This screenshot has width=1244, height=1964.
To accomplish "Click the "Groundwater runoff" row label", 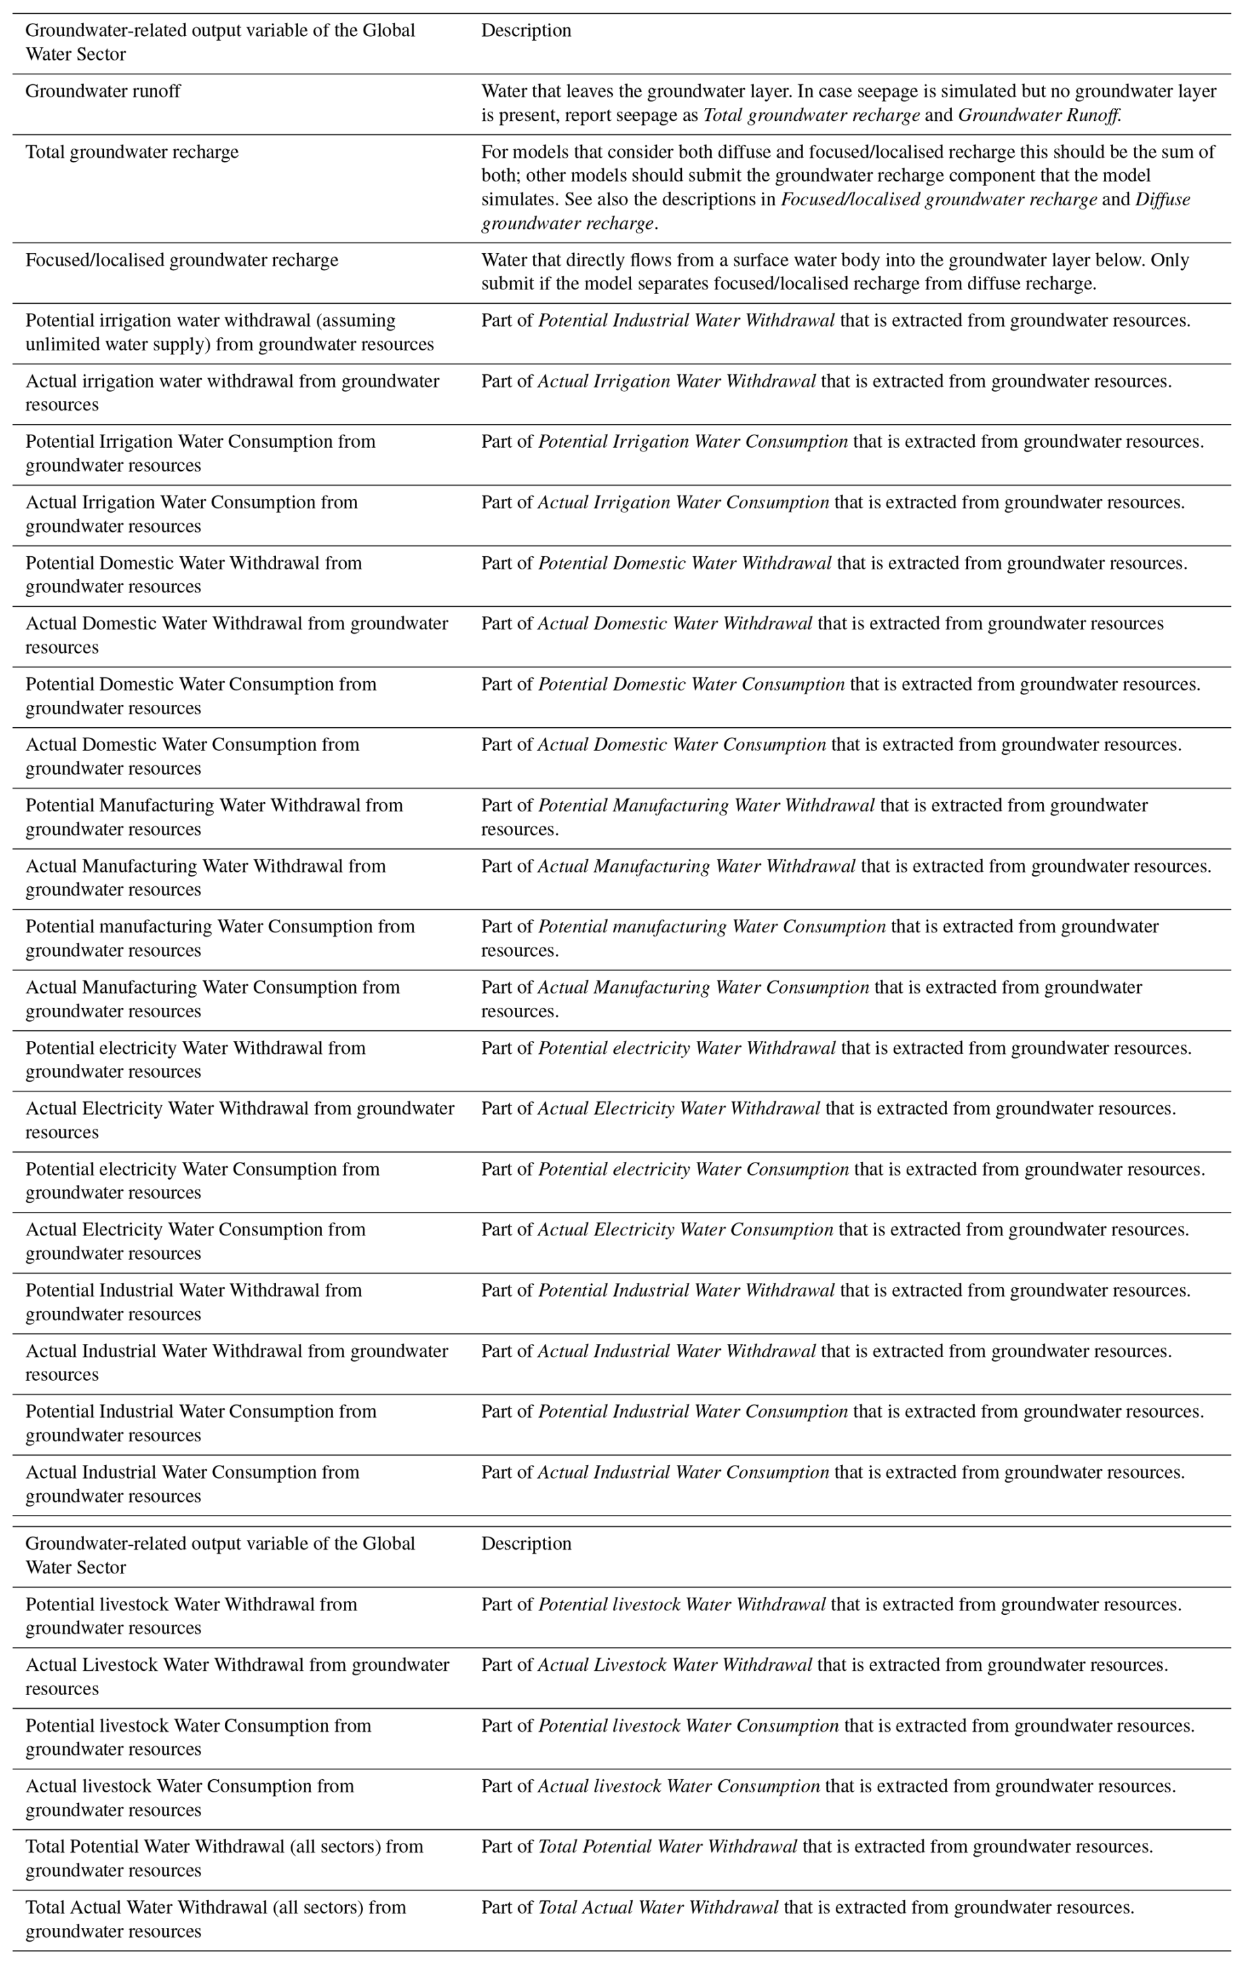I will [x=103, y=91].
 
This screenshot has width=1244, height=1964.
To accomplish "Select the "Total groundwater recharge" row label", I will [x=132, y=153].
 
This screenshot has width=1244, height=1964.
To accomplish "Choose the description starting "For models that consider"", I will [x=848, y=187].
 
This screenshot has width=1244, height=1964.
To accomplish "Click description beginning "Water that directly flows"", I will [x=834, y=272].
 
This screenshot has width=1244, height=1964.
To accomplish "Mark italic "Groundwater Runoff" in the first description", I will [x=1038, y=115].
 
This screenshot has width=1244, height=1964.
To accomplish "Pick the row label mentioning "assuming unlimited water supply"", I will [x=229, y=332].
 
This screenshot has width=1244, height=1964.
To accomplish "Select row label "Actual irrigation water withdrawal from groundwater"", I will [x=233, y=393].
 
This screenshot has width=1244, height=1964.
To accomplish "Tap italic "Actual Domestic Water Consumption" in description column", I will [x=681, y=745].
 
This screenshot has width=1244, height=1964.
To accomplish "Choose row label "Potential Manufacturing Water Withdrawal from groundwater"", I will [x=214, y=817].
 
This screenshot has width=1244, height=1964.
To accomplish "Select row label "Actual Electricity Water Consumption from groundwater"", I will [x=196, y=1241].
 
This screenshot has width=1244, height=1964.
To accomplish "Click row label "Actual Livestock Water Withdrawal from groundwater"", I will [x=237, y=1676].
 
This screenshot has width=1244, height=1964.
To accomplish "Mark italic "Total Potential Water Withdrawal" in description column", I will [x=667, y=1846].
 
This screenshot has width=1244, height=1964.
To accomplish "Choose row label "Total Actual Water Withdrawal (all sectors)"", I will [x=216, y=1919].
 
